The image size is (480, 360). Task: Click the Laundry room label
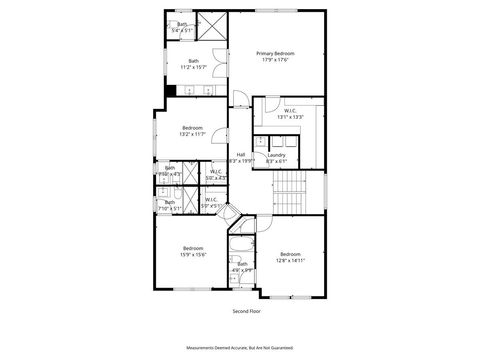pos(277,157)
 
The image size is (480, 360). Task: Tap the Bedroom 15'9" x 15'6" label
pos(193,251)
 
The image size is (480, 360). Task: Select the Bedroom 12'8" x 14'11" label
pos(290,256)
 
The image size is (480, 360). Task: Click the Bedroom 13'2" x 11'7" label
pos(193,130)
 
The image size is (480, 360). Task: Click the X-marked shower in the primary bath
pos(212,27)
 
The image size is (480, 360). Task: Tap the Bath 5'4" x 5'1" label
pos(182,28)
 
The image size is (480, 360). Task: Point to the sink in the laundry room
pos(261,142)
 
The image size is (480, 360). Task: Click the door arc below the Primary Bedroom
pos(240,97)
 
